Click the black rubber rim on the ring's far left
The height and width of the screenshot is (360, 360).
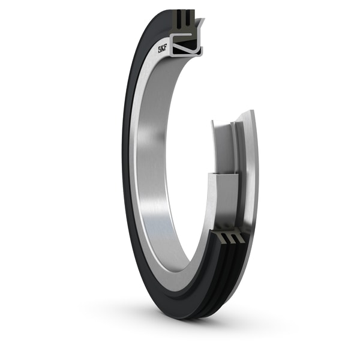(x=127, y=180)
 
